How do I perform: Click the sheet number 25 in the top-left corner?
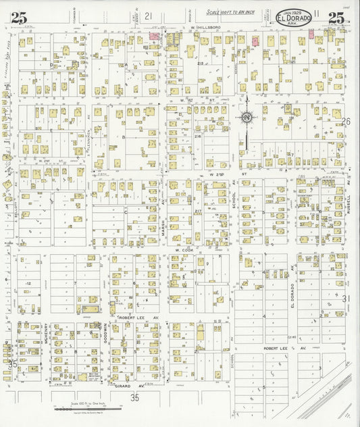tap(18, 19)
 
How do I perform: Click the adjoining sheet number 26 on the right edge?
tap(346, 122)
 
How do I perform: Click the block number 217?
tap(199, 211)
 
